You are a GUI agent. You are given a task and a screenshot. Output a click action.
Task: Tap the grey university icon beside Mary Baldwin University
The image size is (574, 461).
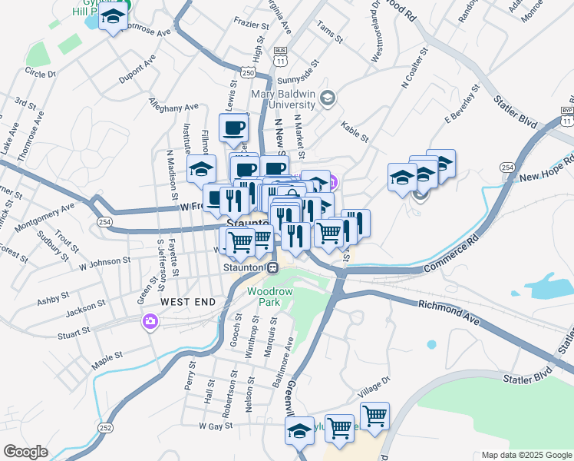coord(328,98)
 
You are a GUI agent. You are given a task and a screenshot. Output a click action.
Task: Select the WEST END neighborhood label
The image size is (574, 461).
coord(188,303)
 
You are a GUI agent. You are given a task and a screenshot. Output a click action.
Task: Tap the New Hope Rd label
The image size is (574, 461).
coord(546,170)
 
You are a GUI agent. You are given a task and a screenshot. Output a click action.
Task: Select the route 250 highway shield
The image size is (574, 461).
coord(248,71)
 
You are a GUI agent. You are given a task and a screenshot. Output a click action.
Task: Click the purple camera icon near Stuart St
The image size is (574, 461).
coord(149,321)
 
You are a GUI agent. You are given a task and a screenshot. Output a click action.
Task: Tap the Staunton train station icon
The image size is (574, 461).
coord(272,267)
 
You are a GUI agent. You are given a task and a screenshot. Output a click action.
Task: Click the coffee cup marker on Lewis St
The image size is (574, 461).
coord(233,128)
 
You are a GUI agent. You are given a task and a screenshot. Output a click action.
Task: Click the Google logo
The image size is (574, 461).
coord(25,452)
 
